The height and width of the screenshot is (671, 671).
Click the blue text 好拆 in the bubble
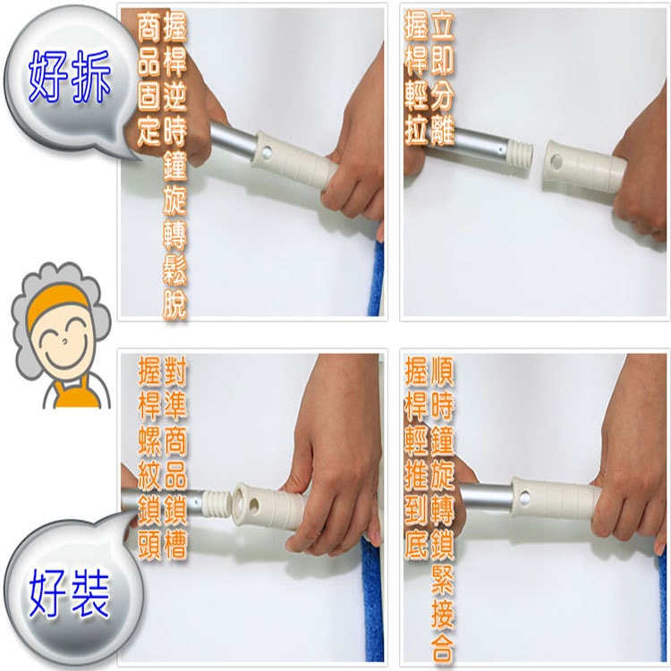(x=70, y=77)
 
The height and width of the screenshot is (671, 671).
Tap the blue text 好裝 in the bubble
(x=70, y=594)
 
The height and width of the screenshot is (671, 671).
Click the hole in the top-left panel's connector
(x=267, y=151)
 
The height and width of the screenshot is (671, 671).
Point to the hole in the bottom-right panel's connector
(x=524, y=497)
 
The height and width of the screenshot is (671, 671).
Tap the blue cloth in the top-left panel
(x=375, y=278)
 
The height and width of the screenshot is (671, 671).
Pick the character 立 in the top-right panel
(x=442, y=26)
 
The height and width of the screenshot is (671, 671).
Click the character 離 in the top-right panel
(x=442, y=130)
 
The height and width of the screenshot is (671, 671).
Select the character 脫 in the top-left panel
(x=174, y=305)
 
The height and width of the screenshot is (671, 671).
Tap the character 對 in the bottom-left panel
(x=175, y=372)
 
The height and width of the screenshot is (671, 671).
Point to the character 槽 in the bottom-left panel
(x=175, y=545)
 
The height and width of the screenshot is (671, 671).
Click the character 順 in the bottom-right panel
(x=442, y=371)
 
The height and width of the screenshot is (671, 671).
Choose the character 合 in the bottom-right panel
(x=442, y=649)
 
